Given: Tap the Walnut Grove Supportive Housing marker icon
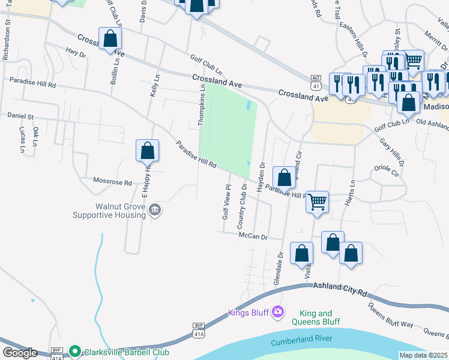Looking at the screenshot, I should (155, 209).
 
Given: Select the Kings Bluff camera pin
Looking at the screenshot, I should (277, 311).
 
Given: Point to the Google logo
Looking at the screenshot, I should (20, 353).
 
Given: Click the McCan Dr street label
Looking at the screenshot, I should (252, 236).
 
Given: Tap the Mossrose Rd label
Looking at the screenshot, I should (112, 181).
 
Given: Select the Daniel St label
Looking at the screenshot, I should (20, 115).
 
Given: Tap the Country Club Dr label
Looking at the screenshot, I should (243, 206).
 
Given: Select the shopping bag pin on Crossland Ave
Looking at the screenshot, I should (110, 39).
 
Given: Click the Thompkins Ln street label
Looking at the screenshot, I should (202, 105).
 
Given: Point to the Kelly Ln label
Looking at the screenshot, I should (155, 86).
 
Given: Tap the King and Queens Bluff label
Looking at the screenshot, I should (316, 317).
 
